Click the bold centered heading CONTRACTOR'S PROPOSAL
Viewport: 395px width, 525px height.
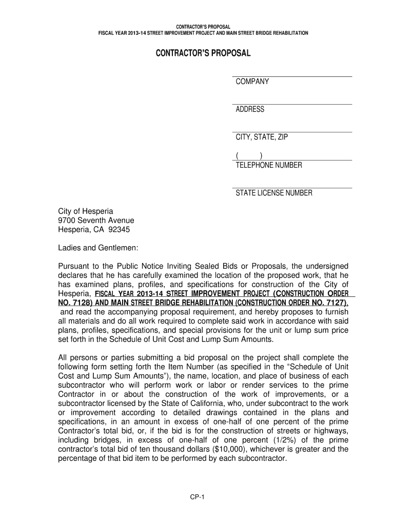click(203, 54)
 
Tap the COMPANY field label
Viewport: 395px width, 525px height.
click(252, 82)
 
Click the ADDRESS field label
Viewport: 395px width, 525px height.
click(250, 109)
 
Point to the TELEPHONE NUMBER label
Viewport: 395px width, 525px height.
click(269, 165)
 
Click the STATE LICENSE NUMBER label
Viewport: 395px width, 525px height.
click(274, 193)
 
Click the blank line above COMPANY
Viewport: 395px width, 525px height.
click(292, 76)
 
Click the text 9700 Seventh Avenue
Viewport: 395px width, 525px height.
click(96, 220)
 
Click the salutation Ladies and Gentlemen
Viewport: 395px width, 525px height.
click(98, 248)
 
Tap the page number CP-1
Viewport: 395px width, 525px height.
click(197, 496)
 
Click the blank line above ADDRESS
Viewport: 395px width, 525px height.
click(292, 104)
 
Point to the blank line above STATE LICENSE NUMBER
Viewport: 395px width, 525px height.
click(292, 188)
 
